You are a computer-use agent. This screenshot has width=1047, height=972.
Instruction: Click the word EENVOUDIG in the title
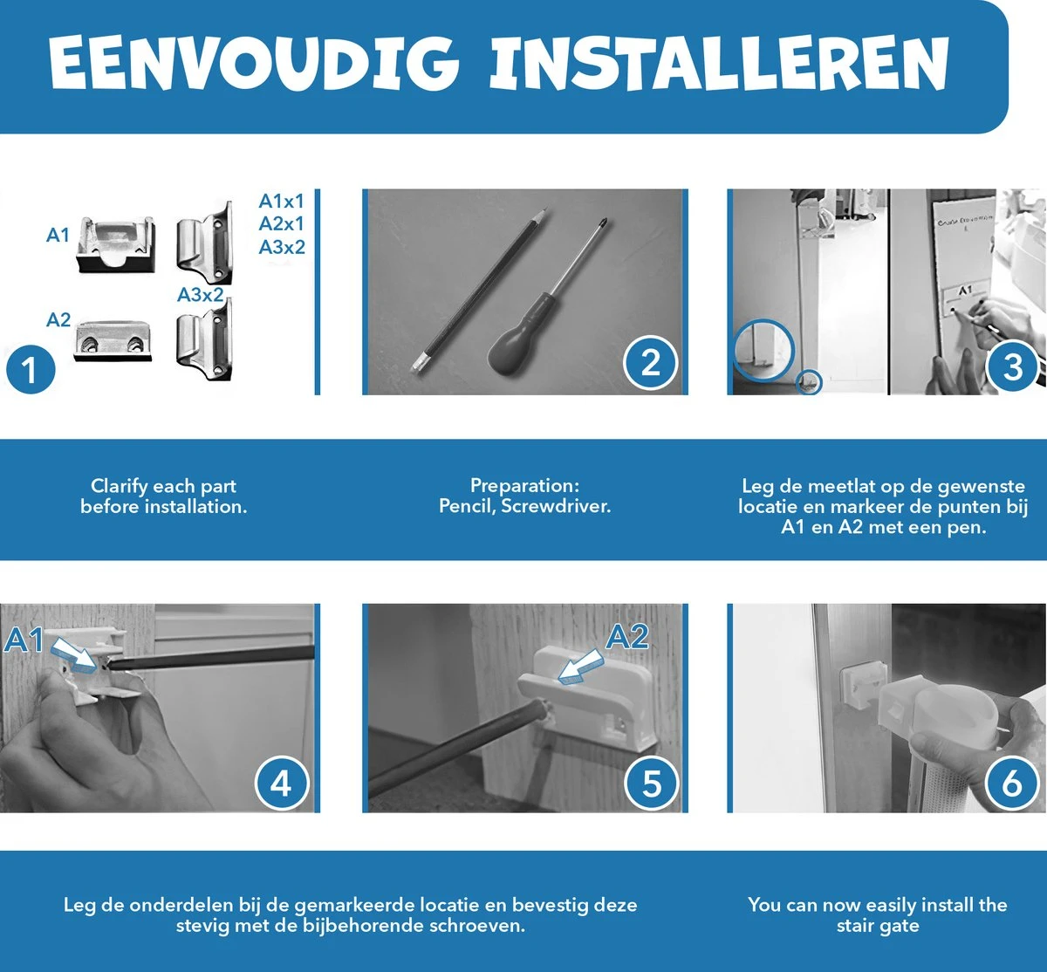click(x=255, y=64)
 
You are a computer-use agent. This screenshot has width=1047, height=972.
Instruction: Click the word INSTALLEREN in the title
click(x=720, y=64)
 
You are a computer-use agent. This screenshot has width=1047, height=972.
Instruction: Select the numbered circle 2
click(x=650, y=363)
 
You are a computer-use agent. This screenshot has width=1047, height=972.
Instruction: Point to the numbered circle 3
click(x=1012, y=366)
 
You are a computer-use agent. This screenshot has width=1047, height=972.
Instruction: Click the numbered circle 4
click(x=282, y=784)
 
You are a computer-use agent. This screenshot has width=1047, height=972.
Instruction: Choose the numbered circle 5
click(x=651, y=784)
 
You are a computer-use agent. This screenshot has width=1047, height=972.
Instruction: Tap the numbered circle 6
click(x=1012, y=784)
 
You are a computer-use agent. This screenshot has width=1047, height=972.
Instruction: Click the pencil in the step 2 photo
click(x=477, y=292)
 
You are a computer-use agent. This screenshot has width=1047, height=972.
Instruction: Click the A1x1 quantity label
click(x=282, y=201)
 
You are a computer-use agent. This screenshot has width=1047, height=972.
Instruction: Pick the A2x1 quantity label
click(x=282, y=224)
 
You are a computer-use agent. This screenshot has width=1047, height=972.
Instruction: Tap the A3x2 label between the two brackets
click(x=201, y=295)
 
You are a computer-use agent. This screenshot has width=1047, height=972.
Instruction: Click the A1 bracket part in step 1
click(x=116, y=244)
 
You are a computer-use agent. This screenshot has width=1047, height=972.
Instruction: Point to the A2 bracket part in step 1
click(x=113, y=341)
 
